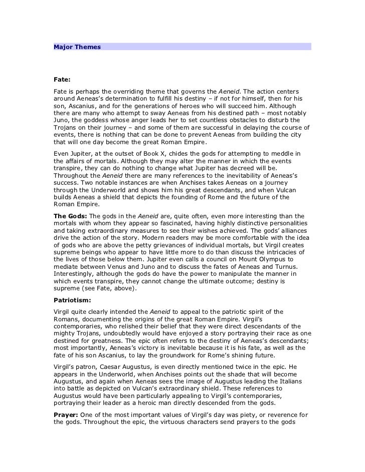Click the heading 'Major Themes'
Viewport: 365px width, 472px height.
point(77,47)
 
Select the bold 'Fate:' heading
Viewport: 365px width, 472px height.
point(62,80)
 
